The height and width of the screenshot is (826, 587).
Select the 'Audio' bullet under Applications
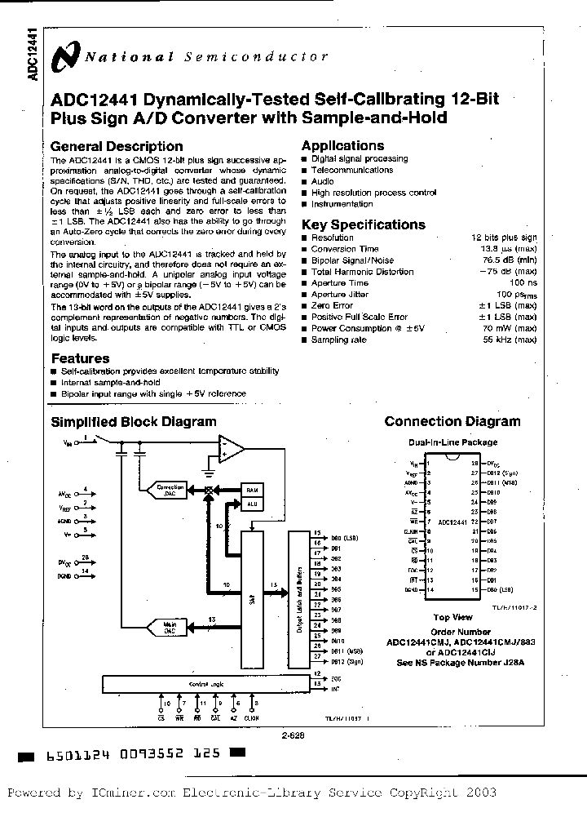[x=322, y=181]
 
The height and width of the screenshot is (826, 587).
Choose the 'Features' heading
[x=80, y=358]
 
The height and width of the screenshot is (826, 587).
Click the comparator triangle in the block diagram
[x=231, y=447]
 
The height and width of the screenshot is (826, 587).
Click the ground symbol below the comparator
[x=210, y=473]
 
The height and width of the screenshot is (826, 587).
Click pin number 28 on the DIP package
[x=474, y=464]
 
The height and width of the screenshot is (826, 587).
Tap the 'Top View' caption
[x=452, y=618]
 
